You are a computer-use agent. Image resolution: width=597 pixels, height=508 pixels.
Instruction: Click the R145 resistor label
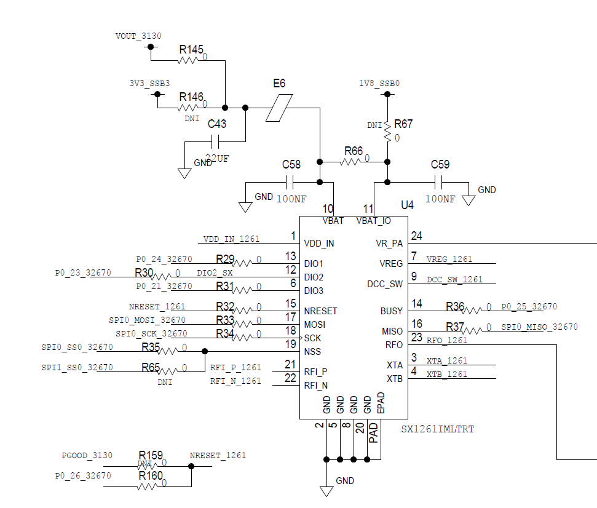(191, 49)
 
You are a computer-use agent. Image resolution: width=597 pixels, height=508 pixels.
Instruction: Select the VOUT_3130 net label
(138, 36)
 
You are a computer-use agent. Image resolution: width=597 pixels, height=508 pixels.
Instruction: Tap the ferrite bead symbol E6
(280, 108)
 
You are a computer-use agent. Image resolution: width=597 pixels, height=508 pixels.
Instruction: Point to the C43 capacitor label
(216, 124)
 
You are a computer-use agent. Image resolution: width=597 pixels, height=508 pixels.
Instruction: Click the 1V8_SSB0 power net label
(379, 83)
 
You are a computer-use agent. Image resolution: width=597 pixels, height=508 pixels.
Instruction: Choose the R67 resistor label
(403, 124)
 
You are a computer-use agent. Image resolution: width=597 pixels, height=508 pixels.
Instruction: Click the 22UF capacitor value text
(216, 158)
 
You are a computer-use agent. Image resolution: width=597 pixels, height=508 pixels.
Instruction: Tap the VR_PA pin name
(389, 244)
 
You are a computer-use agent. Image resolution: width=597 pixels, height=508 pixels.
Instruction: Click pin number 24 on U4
(417, 236)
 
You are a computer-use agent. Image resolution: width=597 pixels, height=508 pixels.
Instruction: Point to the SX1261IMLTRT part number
(438, 429)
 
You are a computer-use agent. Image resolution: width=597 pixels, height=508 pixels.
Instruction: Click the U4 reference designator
(407, 204)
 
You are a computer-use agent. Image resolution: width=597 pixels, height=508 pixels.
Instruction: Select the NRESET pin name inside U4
(320, 311)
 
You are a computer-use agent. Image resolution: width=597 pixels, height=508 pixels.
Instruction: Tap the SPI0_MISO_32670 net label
(539, 327)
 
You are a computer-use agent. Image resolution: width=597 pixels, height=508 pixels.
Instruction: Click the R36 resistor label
(455, 306)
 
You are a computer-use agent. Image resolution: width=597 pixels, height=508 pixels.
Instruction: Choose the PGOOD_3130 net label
(87, 456)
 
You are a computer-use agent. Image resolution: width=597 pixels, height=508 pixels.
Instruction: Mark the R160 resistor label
(151, 475)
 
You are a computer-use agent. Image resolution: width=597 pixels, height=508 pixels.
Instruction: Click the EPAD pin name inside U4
(381, 403)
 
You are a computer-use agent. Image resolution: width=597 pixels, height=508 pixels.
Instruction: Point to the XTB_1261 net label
(447, 374)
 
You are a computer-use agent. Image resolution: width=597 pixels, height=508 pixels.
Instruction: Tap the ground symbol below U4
(326, 490)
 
